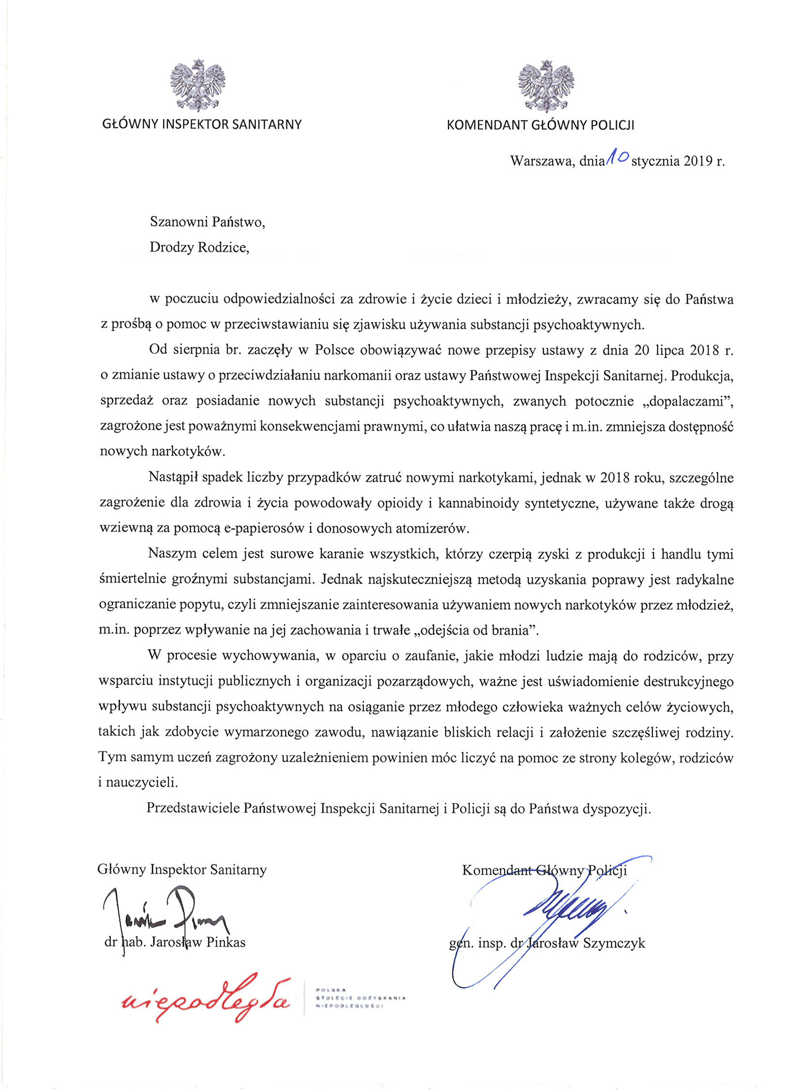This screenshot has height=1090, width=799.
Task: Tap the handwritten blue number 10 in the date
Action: (617, 156)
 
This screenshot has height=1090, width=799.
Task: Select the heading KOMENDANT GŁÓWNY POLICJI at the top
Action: (540, 125)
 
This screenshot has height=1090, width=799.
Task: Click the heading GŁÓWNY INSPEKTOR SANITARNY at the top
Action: (202, 124)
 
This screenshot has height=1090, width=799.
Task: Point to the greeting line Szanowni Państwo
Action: (208, 222)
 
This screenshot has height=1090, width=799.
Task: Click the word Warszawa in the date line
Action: (542, 161)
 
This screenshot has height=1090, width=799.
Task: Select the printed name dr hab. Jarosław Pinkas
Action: (175, 942)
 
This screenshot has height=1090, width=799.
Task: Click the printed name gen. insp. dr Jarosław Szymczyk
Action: (547, 943)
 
